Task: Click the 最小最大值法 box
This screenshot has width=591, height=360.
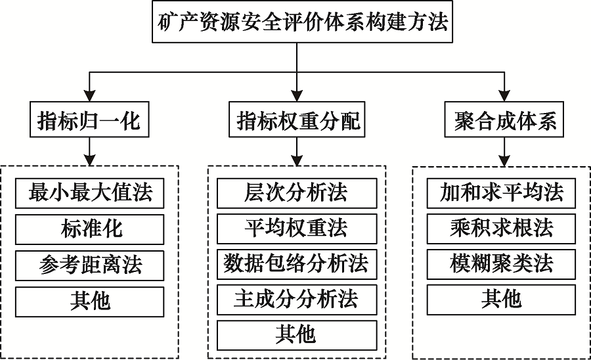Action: [x=90, y=193]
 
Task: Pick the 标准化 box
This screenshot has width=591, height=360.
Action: [x=90, y=229]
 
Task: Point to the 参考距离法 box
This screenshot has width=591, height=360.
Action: [x=90, y=264]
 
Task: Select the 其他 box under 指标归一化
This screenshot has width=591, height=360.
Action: [x=90, y=300]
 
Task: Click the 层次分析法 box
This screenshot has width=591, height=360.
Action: [x=297, y=193]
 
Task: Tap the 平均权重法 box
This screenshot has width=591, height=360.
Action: [x=297, y=229]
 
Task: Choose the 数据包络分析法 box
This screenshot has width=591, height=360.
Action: [x=297, y=264]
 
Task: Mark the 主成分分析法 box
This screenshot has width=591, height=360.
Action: [x=297, y=300]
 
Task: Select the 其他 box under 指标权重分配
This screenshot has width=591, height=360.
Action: [x=297, y=335]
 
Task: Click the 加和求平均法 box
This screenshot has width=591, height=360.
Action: [x=502, y=193]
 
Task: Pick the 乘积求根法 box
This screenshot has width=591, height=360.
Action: [x=502, y=229]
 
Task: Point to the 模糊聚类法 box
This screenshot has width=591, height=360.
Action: [x=502, y=264]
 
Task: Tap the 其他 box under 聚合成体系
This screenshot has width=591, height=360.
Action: [x=502, y=300]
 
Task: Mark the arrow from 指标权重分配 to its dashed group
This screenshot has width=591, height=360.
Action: [x=297, y=152]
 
